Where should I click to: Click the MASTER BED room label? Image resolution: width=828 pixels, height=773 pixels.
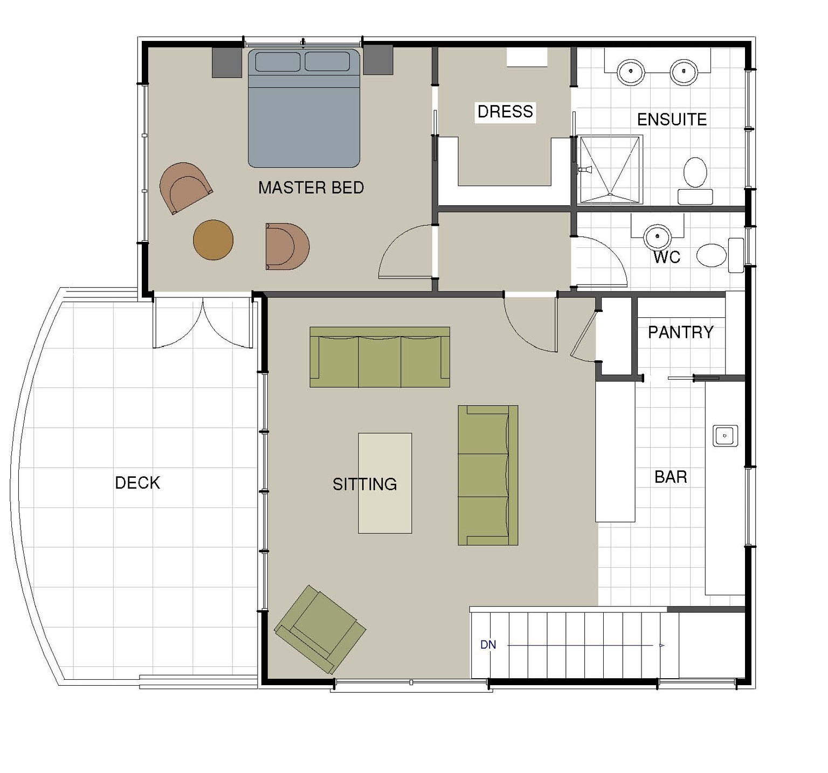pos(311,187)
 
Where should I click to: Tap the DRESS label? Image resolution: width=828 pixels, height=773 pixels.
pos(505,112)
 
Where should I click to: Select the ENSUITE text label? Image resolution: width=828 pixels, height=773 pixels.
pos(672,119)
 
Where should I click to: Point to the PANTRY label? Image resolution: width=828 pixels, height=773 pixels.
pos(681,332)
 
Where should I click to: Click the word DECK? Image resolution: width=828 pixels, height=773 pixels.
pos(137,483)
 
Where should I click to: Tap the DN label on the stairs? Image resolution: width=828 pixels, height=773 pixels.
pos(488,645)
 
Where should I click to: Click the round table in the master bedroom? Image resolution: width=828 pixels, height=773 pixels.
pos(213,240)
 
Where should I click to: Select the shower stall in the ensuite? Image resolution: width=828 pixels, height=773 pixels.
pos(610,169)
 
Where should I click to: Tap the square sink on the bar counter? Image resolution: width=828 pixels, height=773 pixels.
pos(726,435)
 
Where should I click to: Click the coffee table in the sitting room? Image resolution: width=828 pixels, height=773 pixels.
pos(385,483)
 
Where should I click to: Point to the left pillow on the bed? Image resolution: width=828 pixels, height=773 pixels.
pos(278,61)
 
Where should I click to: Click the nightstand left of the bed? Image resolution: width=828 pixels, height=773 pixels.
pos(227,62)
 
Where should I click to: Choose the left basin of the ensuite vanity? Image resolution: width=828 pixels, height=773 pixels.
pos(631,71)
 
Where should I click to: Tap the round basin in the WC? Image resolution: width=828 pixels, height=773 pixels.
pos(657,236)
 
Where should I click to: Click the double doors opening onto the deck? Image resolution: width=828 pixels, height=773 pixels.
pos(203,323)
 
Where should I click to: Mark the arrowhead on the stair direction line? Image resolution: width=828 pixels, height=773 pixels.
pos(661,645)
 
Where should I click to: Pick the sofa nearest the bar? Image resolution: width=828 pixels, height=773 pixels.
pos(488,475)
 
